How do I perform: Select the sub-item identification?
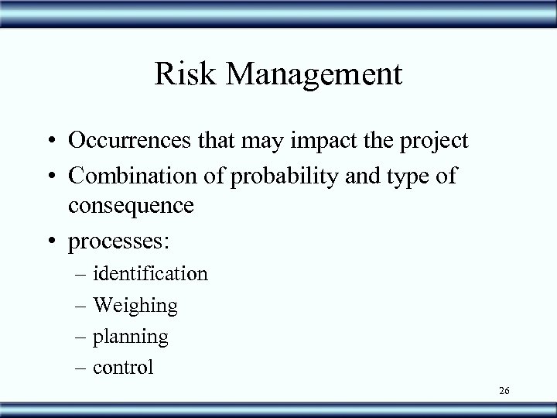(150, 273)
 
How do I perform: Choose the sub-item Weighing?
(135, 306)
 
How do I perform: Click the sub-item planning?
(131, 337)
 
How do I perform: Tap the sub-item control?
(123, 367)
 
